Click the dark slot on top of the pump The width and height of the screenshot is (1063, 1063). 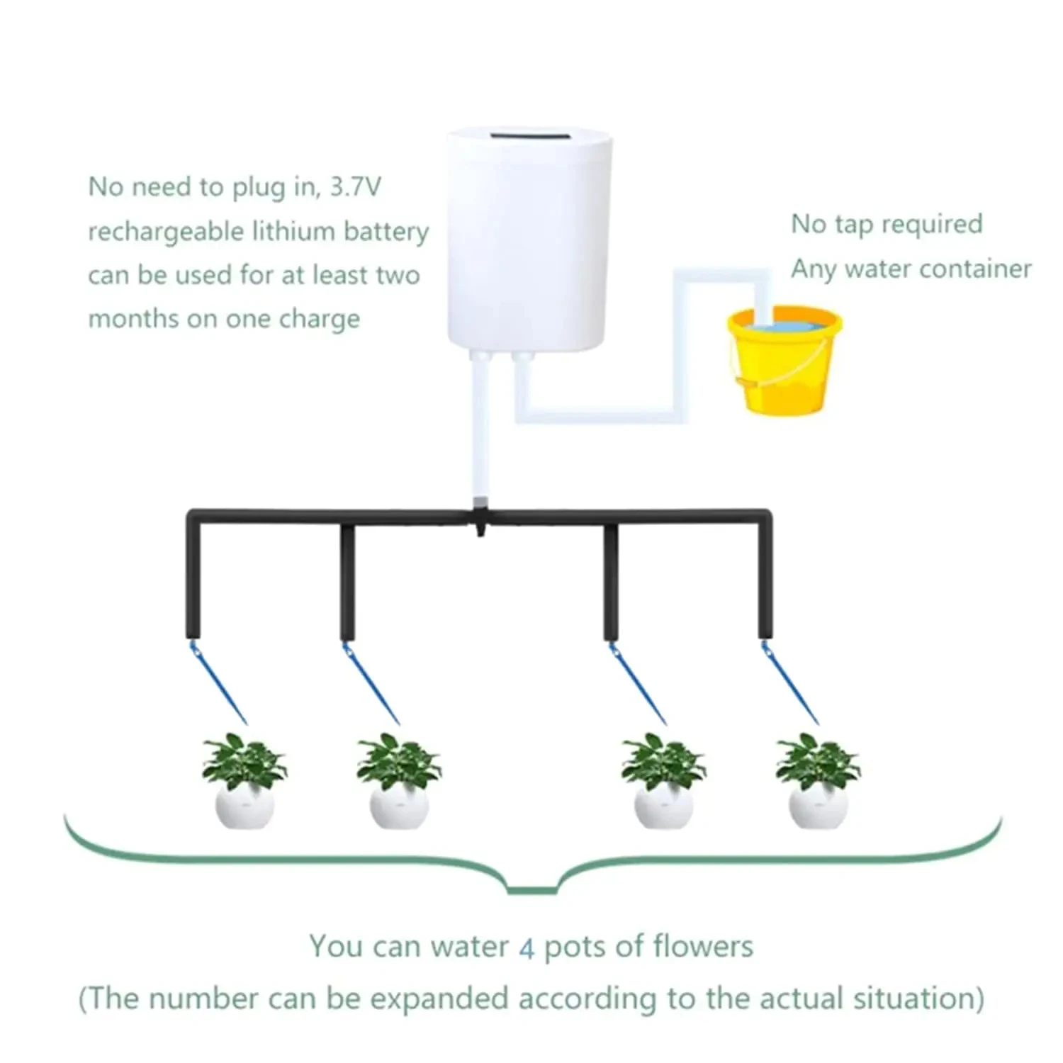coord(530,135)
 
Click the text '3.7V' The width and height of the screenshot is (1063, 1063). coord(356,187)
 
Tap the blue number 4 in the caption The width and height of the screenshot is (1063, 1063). coord(526,948)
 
